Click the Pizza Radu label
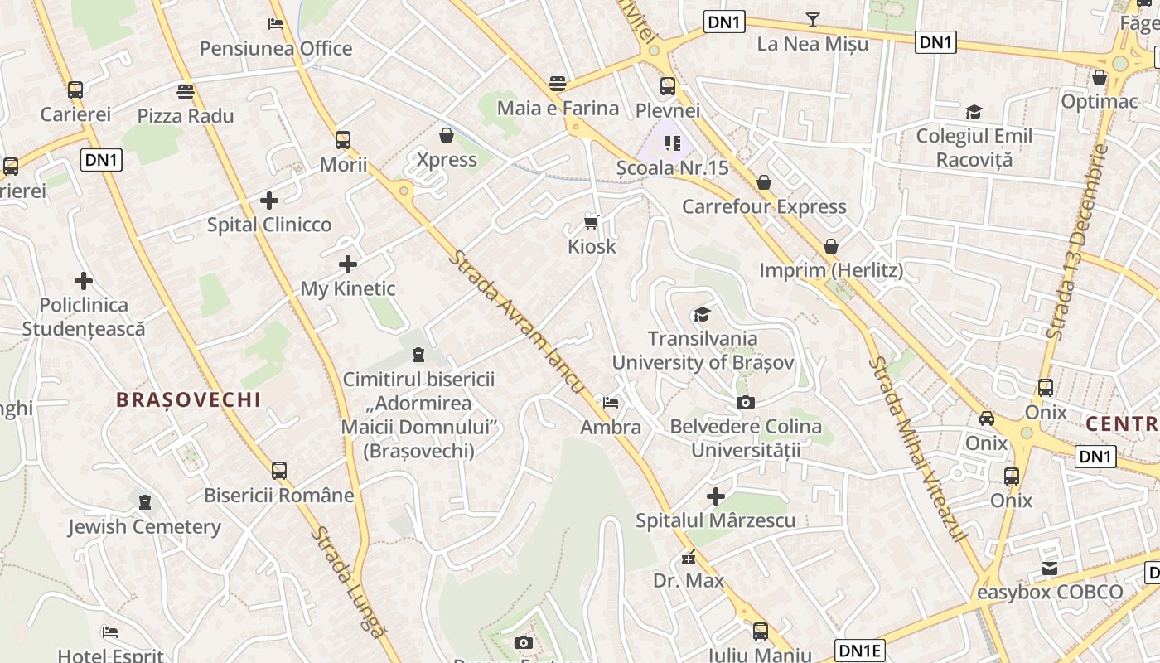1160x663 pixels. point(186,116)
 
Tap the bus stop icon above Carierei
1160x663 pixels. point(75,90)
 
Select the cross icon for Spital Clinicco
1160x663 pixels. point(268,201)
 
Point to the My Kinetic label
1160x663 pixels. point(348,289)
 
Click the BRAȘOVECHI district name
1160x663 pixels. point(189,400)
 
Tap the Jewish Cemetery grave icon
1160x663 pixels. point(145,502)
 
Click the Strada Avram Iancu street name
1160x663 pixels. point(516,322)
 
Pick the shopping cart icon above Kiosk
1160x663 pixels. point(592,222)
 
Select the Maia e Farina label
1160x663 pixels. point(558,109)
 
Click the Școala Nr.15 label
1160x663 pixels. point(673,168)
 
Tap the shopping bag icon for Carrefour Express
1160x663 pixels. point(764,181)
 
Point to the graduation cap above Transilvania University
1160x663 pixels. point(702,314)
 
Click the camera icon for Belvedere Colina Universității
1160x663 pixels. point(746,403)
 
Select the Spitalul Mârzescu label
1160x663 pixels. point(716,521)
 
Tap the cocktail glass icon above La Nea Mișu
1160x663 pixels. point(813,19)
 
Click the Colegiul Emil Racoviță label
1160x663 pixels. point(974,147)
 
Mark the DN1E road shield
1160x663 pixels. point(860,651)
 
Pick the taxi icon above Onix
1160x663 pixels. point(987,419)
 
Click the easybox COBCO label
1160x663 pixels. point(1050,593)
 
